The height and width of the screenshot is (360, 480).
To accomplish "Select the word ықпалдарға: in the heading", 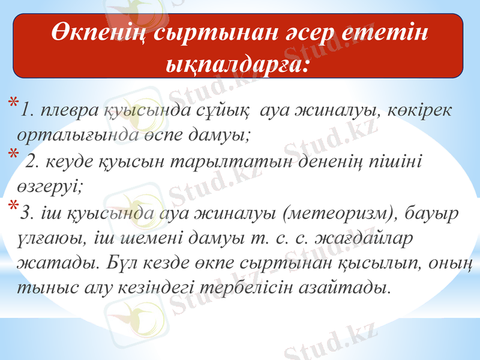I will coord(238,61).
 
